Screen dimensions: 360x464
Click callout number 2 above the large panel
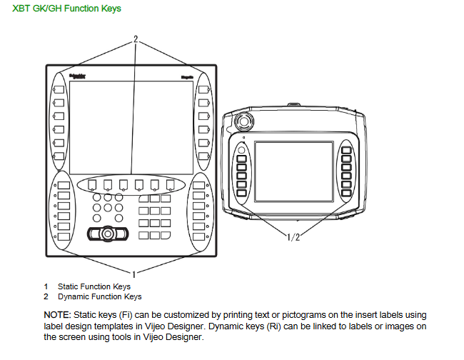(x=135, y=40)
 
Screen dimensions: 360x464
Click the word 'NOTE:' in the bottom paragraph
(x=58, y=315)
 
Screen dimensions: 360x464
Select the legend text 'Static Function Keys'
(x=94, y=286)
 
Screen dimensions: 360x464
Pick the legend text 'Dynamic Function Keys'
(x=99, y=296)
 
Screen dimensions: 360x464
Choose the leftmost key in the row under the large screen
(x=92, y=184)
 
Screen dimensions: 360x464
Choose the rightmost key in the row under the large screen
(x=170, y=184)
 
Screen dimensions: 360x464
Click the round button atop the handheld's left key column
(x=241, y=150)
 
